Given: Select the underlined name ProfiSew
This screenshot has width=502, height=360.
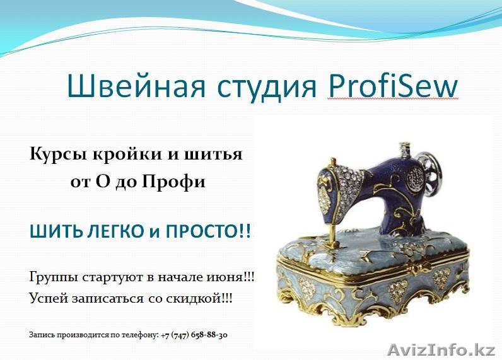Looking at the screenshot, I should point(392,86).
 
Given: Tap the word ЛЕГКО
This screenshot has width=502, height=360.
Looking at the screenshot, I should point(110,231).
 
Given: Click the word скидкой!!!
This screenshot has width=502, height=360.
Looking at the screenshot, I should point(204,298).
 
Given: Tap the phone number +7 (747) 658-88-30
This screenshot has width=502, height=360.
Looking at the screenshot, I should point(194,335).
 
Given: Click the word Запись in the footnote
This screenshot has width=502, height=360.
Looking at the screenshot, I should point(41,335).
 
